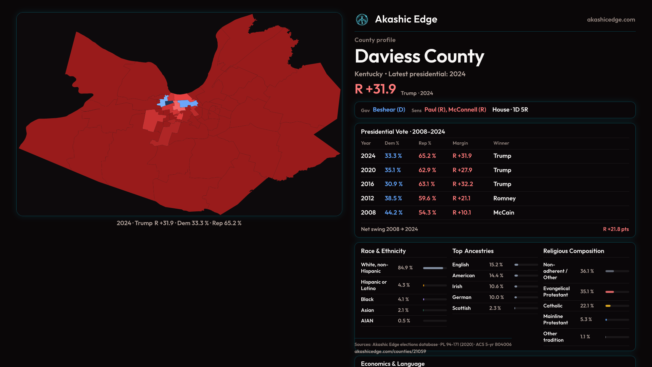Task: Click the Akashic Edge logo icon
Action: tap(362, 20)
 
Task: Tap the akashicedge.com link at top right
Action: tap(611, 20)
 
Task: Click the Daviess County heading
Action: tap(419, 56)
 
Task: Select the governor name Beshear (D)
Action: tap(389, 110)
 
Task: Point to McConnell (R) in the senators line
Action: tap(467, 110)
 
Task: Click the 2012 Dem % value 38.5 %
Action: tap(393, 198)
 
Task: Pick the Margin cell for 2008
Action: tap(461, 212)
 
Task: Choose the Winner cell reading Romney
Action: tap(504, 198)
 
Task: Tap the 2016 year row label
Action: tap(367, 184)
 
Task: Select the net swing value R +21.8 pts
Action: tap(616, 229)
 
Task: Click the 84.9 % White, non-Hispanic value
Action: tap(405, 268)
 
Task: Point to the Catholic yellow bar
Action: tap(608, 306)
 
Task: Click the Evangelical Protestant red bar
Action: tap(610, 292)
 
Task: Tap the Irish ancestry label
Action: tap(457, 286)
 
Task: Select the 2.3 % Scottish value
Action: tap(495, 308)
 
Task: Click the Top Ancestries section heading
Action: tap(473, 251)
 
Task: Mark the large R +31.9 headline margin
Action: tap(375, 89)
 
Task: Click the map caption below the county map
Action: tap(179, 223)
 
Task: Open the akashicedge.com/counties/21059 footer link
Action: tap(390, 351)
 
